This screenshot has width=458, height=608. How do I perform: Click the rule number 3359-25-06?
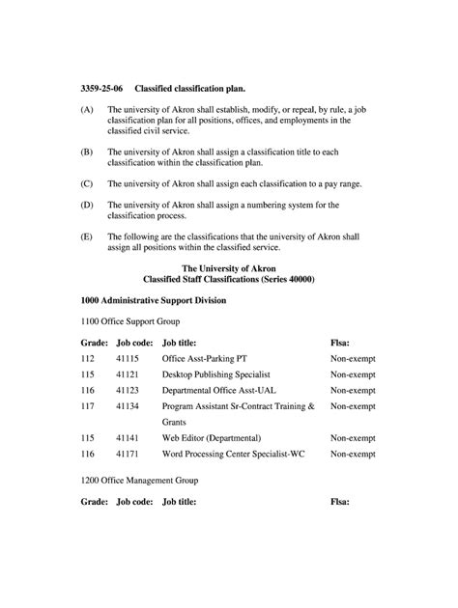click(101, 88)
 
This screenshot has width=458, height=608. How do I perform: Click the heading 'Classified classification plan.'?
click(189, 88)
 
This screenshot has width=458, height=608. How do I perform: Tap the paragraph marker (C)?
click(87, 182)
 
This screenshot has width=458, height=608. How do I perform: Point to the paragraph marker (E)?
click(87, 235)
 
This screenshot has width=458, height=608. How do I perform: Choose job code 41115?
click(128, 358)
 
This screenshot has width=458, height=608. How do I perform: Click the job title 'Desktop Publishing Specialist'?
click(215, 373)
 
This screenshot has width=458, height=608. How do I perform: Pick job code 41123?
click(128, 390)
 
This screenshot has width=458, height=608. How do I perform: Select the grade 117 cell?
click(89, 406)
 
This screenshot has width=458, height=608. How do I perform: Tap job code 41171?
click(128, 453)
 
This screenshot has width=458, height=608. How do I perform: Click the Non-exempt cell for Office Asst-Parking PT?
click(353, 358)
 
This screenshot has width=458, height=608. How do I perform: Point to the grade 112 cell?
click(89, 358)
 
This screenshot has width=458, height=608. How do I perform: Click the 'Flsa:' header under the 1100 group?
click(340, 342)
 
